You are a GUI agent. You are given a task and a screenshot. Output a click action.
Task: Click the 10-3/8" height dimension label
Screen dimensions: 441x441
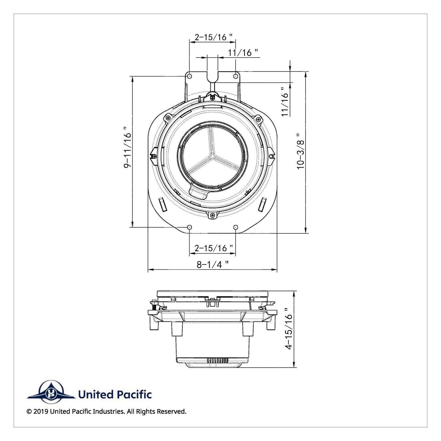coord(301,151)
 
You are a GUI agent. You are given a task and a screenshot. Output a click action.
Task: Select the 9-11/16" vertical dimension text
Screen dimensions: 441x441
coord(128,147)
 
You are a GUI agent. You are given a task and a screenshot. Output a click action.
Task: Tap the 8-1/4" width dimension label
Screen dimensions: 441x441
coord(213,264)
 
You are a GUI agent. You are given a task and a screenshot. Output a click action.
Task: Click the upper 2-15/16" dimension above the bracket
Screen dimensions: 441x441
coord(214,37)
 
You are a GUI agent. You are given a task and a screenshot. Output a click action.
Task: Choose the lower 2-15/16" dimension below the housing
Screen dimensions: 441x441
coord(214,248)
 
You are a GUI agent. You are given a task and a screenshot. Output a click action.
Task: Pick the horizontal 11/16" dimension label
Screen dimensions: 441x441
coord(243,53)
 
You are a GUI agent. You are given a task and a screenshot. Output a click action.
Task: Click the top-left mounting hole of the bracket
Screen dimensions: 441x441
coord(190,76)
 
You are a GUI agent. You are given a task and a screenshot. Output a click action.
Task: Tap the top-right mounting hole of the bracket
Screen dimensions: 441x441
coord(236,76)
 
